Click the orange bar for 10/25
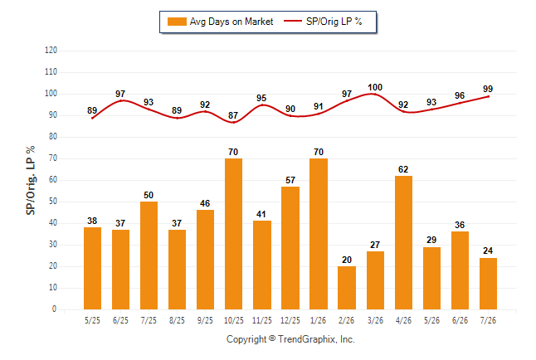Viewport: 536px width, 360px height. click(x=233, y=234)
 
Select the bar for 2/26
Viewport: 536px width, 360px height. click(x=347, y=288)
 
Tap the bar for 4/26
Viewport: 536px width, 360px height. click(x=403, y=243)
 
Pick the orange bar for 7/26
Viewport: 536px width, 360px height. click(x=488, y=284)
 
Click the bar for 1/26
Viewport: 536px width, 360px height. click(x=319, y=234)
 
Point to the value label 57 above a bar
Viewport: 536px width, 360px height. click(x=290, y=180)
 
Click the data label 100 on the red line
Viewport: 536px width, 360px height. click(x=375, y=88)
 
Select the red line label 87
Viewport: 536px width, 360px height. click(x=233, y=115)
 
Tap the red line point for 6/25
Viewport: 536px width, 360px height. click(x=120, y=100)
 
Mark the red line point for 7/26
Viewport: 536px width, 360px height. click(x=488, y=96)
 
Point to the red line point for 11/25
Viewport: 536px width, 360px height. click(x=262, y=105)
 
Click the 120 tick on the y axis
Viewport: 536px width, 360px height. click(x=51, y=51)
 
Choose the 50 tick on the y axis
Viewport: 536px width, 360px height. click(x=53, y=202)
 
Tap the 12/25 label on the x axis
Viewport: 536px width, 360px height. click(x=290, y=320)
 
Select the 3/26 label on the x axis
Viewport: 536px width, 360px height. click(x=375, y=320)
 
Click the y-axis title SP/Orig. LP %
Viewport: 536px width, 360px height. click(x=31, y=181)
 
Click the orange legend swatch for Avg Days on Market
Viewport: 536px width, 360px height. click(x=177, y=22)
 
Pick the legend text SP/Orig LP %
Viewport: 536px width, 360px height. click(x=334, y=22)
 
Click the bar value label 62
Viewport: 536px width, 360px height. click(x=403, y=169)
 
